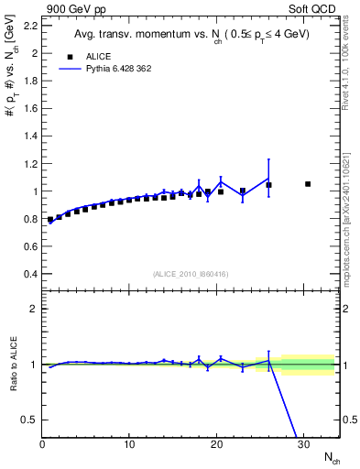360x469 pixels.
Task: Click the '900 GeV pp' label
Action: coord(70,10)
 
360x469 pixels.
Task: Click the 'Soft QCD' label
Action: coord(316,10)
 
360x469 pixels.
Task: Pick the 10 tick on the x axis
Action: coord(129,443)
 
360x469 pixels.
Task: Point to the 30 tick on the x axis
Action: coord(303,443)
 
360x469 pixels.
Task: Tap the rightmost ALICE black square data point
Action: coord(308,184)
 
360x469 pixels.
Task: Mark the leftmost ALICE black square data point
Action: coord(50,220)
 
